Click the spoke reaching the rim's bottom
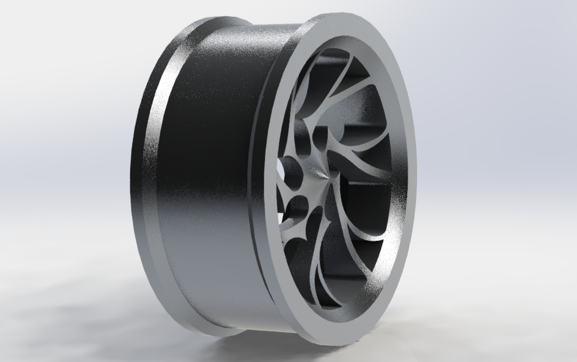pos(334,282)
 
